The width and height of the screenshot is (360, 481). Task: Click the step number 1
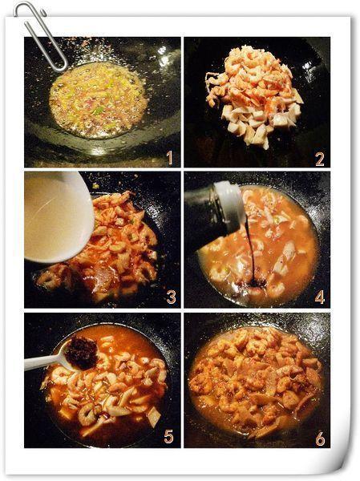(169, 158)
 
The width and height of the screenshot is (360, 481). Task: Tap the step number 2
(320, 160)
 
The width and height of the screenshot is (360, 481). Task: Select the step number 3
(171, 297)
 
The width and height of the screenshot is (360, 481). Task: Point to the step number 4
(319, 297)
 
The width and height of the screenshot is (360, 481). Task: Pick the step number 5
(168, 437)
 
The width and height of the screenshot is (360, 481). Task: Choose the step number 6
(320, 439)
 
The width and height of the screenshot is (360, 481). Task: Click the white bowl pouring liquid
(59, 217)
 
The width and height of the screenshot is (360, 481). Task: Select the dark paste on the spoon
(82, 353)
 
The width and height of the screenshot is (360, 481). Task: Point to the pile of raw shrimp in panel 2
(255, 95)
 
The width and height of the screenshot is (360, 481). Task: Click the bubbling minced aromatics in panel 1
(98, 99)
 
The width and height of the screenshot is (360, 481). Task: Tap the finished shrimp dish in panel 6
(255, 381)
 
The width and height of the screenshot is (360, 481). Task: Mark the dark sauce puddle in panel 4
(254, 283)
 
